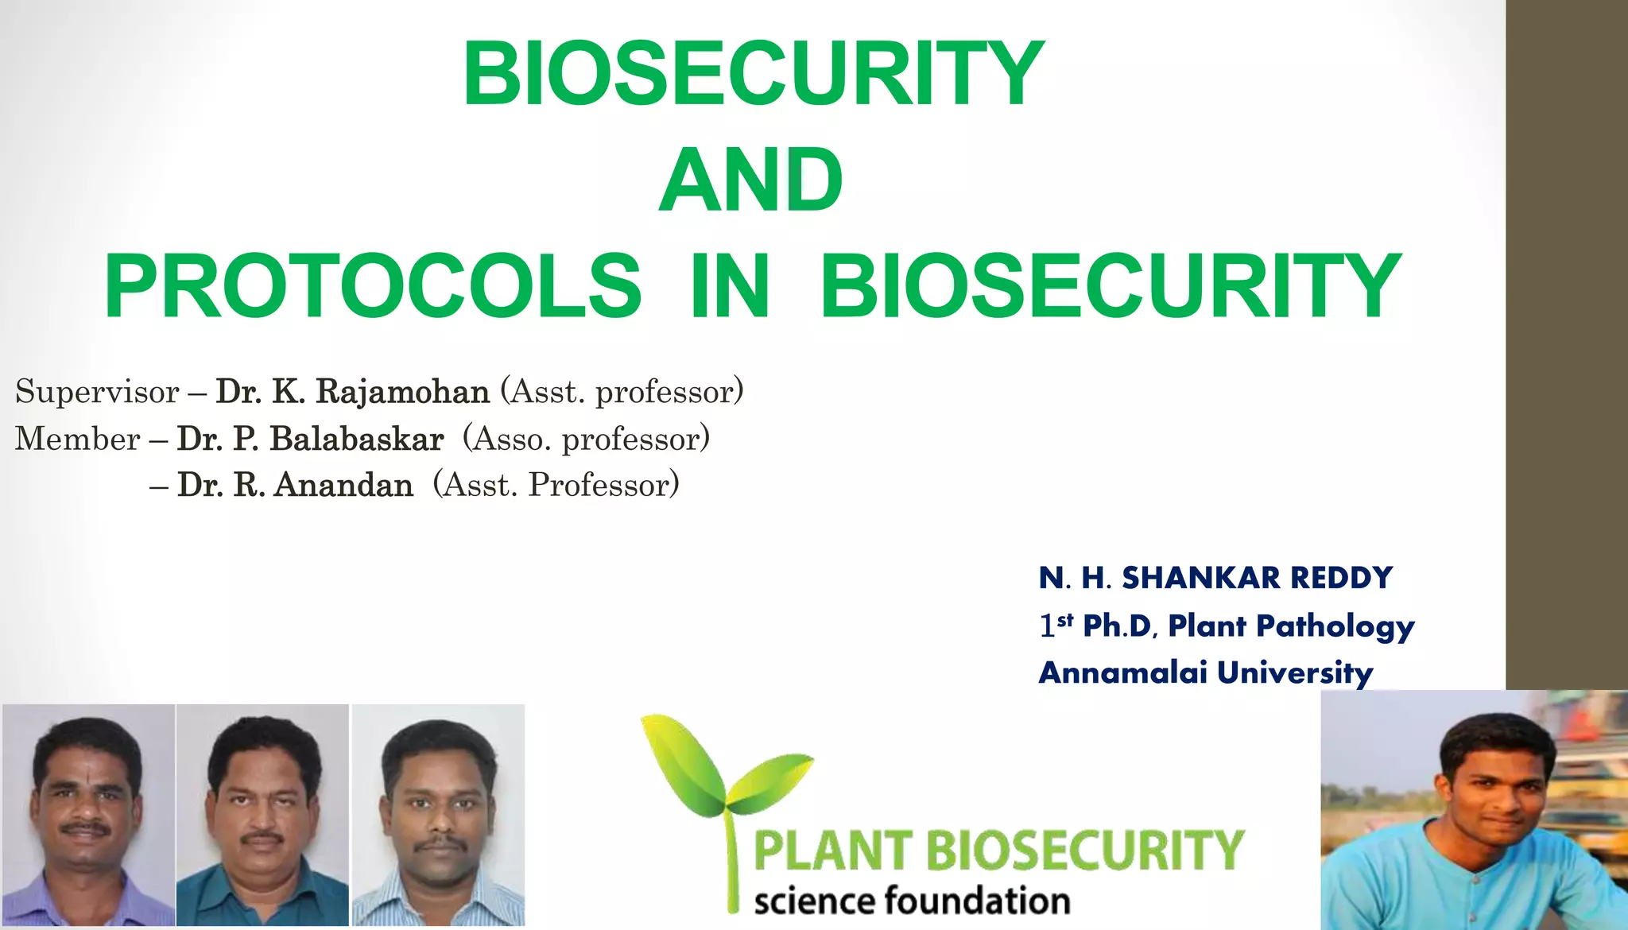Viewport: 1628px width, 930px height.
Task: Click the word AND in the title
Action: tap(750, 180)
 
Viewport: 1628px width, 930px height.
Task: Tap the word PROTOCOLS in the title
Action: tap(373, 286)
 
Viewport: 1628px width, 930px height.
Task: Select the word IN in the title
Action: tap(730, 286)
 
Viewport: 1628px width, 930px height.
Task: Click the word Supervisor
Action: tap(97, 392)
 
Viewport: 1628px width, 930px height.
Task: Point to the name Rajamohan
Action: tap(402, 392)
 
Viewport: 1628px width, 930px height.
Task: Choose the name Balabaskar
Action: tap(356, 439)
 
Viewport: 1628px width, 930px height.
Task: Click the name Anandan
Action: tap(343, 485)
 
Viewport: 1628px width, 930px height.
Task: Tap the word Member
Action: tap(77, 439)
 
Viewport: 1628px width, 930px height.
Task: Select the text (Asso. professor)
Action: tap(586, 439)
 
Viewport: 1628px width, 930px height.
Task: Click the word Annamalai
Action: tap(1122, 672)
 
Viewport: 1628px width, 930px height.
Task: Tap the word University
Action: tap(1294, 673)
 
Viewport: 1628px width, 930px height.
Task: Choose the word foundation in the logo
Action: tap(978, 901)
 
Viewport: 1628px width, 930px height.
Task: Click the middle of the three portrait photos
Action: tap(262, 815)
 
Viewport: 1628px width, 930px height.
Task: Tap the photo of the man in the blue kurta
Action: tap(1474, 811)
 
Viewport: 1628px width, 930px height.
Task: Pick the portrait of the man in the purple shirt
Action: tap(87, 815)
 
